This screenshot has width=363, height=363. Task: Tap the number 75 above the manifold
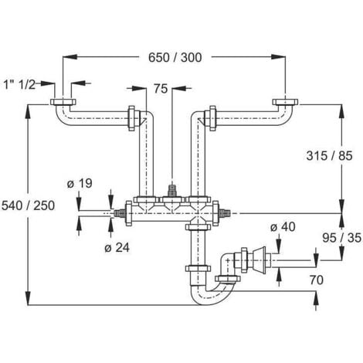160,89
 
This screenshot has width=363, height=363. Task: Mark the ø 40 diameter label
283,226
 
